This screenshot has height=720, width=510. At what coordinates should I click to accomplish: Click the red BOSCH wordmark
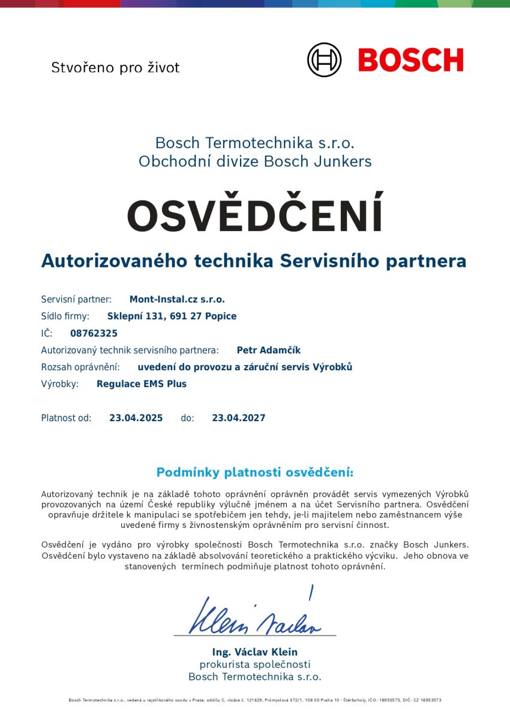(x=411, y=60)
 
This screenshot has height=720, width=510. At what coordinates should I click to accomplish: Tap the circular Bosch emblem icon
(x=324, y=60)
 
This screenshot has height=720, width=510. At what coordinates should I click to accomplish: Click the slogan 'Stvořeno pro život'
(x=115, y=67)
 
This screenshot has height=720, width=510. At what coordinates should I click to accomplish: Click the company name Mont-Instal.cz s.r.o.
(x=177, y=299)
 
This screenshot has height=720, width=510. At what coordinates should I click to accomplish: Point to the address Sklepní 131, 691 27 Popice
(x=172, y=316)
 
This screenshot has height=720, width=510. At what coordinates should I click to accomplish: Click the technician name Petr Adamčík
(x=269, y=350)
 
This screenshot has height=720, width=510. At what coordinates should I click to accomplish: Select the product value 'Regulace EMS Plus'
(x=142, y=384)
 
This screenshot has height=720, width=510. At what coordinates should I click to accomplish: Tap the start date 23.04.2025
(x=136, y=418)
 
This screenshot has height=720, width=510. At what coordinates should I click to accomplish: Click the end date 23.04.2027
(x=238, y=418)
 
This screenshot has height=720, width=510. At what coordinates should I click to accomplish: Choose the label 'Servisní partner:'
(x=76, y=299)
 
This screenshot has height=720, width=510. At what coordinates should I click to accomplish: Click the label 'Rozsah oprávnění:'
(x=80, y=367)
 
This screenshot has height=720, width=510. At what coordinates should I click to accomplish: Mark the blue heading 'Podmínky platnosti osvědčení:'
(x=255, y=472)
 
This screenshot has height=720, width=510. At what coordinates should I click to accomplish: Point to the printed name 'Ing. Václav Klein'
(x=255, y=652)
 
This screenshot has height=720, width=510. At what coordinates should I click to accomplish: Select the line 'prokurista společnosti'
(x=255, y=664)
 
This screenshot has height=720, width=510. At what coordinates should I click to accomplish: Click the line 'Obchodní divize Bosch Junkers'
(x=255, y=161)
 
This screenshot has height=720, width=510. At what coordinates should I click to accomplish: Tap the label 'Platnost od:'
(x=66, y=418)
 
